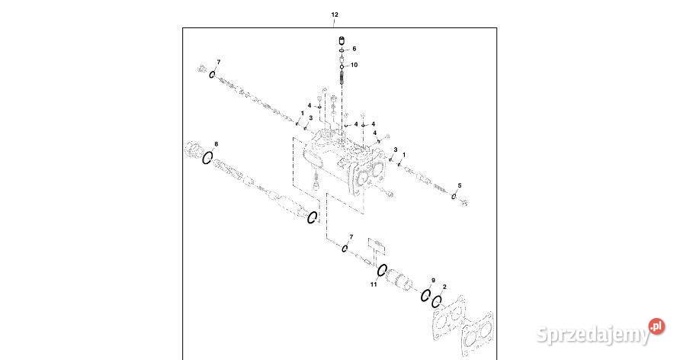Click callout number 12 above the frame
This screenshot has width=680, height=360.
coord(334,14)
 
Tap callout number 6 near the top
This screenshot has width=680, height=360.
coord(354,49)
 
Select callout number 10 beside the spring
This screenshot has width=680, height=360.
coord(354,65)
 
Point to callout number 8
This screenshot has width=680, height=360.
coord(216,144)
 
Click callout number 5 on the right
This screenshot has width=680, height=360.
coord(459,185)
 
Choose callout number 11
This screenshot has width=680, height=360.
coord(374,284)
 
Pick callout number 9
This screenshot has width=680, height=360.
coord(433,281)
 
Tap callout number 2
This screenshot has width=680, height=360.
coord(444,288)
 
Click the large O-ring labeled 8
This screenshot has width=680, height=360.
coord(207,158)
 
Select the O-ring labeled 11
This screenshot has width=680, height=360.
coord(383,271)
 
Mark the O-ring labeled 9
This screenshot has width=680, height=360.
coord(425,295)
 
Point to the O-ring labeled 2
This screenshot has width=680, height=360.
coord(437,302)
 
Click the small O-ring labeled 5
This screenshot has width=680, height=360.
coord(454,196)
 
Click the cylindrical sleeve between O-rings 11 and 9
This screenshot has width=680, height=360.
coord(402,283)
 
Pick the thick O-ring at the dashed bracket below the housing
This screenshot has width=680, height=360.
coord(312,219)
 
